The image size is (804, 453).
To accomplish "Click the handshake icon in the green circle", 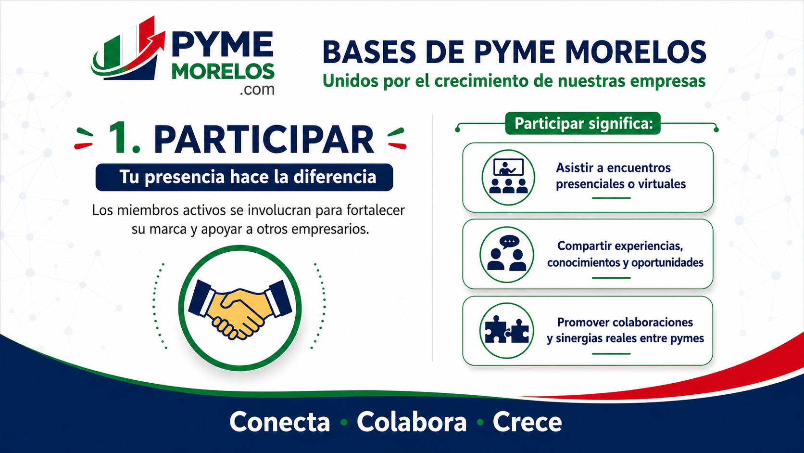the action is click(x=240, y=309).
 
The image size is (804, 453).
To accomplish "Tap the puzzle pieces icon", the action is click(x=507, y=330).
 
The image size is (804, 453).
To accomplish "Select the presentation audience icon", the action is click(x=508, y=176).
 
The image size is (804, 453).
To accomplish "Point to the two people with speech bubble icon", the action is click(x=507, y=253).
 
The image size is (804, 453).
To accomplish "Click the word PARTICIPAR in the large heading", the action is click(x=264, y=140).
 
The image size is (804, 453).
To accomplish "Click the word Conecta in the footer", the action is click(x=279, y=422).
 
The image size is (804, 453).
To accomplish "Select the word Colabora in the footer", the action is click(x=412, y=422).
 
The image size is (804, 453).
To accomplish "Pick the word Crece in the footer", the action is click(x=528, y=422).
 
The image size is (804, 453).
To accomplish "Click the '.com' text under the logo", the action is click(x=257, y=89).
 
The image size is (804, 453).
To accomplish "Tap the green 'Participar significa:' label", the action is click(x=583, y=123).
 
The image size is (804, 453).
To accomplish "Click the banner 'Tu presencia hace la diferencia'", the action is click(x=244, y=177).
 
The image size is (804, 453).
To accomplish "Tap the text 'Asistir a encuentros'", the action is click(x=613, y=168).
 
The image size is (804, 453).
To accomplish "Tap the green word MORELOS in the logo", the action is click(x=223, y=72).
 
